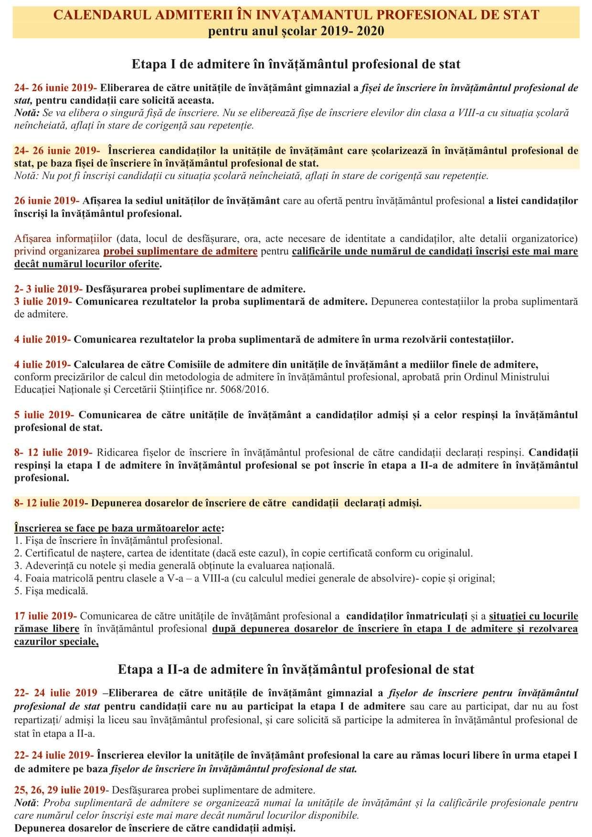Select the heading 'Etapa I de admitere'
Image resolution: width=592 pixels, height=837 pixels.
click(296, 64)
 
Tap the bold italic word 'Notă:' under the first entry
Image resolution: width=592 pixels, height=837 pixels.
click(27, 113)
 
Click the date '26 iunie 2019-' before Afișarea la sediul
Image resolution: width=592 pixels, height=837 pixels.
click(47, 201)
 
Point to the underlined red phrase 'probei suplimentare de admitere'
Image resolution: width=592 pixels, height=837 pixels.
click(180, 251)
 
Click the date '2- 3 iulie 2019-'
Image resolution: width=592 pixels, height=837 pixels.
click(48, 289)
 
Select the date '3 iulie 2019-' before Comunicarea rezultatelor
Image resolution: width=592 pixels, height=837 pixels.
click(43, 301)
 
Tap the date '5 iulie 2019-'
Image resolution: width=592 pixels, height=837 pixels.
click(44, 414)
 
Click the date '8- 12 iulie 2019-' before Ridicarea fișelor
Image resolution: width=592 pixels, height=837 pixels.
click(53, 452)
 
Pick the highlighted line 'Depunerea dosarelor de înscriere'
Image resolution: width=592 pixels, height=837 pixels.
click(256, 503)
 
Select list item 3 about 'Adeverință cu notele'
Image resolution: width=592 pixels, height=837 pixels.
click(174, 566)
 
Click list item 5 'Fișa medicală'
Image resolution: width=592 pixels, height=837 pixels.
click(51, 591)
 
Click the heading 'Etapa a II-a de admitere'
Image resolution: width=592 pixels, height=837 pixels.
click(296, 669)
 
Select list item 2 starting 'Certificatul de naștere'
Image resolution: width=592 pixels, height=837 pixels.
click(243, 553)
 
